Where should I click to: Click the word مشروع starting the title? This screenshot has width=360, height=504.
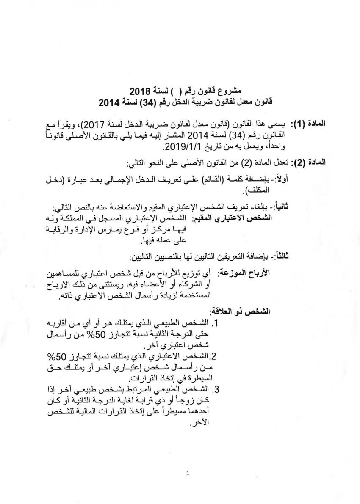point(231,91)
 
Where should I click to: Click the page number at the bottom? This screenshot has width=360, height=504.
point(187,474)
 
